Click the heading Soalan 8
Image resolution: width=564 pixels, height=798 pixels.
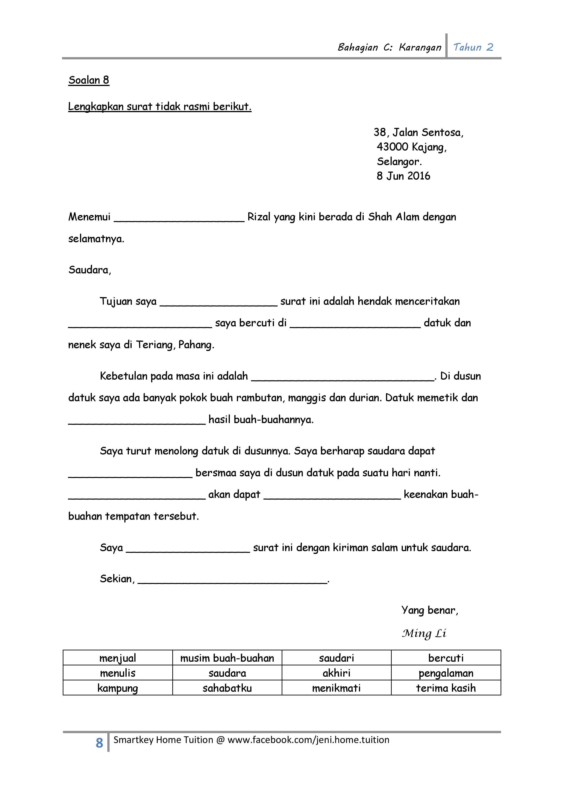click(x=89, y=80)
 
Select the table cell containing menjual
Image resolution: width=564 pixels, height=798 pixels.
click(x=118, y=658)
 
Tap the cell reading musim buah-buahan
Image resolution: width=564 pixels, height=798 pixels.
click(x=227, y=658)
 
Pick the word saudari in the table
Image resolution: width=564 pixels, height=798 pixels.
click(x=336, y=658)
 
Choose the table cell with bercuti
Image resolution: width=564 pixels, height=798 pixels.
click(x=446, y=658)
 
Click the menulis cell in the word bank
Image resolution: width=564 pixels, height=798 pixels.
click(x=118, y=673)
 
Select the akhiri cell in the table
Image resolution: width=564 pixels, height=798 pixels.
click(x=336, y=673)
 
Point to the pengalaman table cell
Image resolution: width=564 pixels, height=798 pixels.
click(x=446, y=673)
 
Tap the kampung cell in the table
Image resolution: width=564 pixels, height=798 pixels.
click(x=118, y=688)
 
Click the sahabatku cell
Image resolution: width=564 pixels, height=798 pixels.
click(x=227, y=688)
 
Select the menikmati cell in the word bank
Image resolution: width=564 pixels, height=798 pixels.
click(x=336, y=688)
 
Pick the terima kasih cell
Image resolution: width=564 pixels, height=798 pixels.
click(x=446, y=688)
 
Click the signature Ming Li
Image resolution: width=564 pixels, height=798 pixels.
click(x=424, y=634)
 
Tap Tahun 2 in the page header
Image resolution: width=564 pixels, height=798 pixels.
click(x=473, y=47)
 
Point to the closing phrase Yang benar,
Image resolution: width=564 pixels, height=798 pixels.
click(x=430, y=610)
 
